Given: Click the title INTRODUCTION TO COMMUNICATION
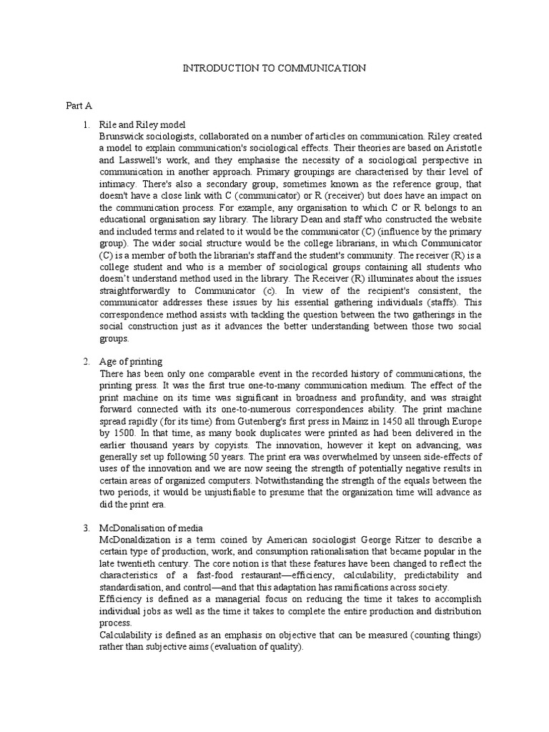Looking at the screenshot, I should pyautogui.click(x=274, y=68).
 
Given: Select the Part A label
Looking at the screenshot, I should pyautogui.click(x=79, y=106).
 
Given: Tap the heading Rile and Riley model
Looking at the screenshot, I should pyautogui.click(x=142, y=124).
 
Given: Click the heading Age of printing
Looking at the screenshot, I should pyautogui.click(x=132, y=362).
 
